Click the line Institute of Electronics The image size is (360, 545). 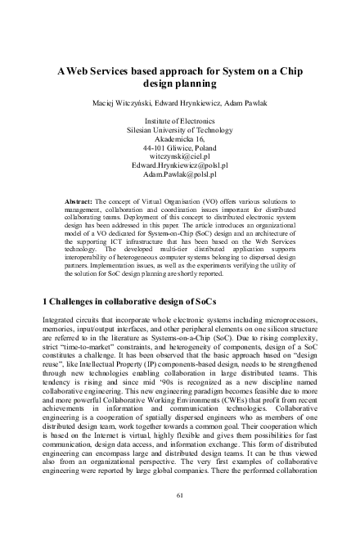click(179, 120)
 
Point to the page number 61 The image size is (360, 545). click(180, 495)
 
